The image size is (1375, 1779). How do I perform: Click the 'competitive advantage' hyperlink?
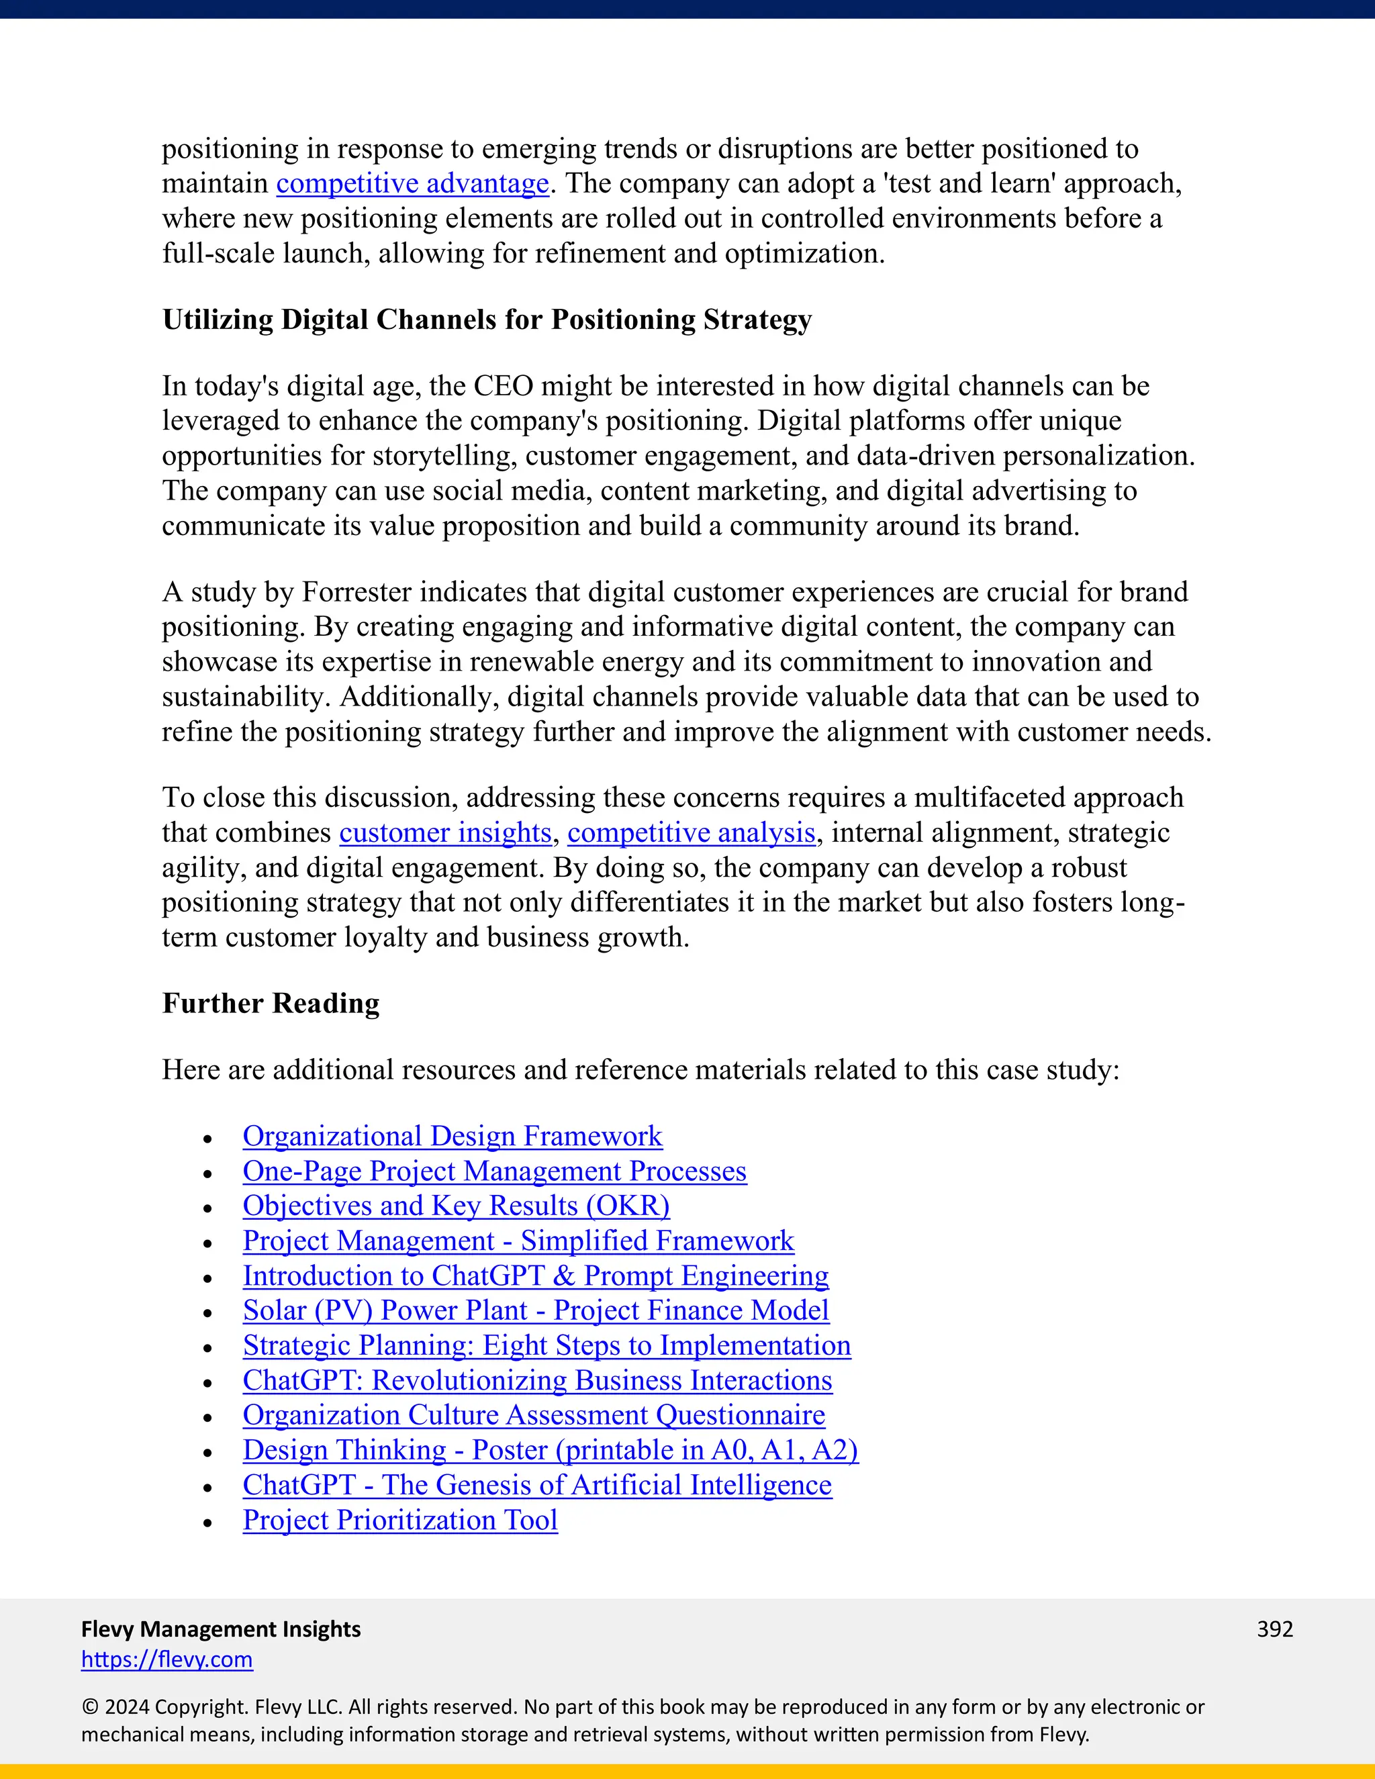point(412,184)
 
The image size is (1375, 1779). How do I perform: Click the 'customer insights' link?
point(444,832)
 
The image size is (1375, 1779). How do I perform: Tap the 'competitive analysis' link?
point(691,832)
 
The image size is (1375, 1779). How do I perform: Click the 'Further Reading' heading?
point(271,1004)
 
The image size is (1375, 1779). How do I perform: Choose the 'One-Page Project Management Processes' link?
point(494,1171)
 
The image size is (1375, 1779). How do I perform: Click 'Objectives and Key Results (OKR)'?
point(456,1206)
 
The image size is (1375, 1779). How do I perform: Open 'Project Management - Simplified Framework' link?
point(518,1241)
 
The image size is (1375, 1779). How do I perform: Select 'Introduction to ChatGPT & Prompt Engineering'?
point(535,1276)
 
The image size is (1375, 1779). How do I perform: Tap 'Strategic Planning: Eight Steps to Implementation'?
point(547,1345)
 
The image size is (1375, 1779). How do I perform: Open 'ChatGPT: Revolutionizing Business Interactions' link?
point(537,1381)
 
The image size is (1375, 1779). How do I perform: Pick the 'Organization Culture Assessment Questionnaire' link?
point(534,1416)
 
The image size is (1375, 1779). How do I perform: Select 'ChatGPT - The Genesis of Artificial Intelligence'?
point(537,1485)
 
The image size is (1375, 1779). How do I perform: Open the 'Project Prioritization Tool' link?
point(400,1520)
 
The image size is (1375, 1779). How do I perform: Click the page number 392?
point(1275,1629)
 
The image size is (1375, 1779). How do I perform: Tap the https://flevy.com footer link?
point(167,1660)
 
